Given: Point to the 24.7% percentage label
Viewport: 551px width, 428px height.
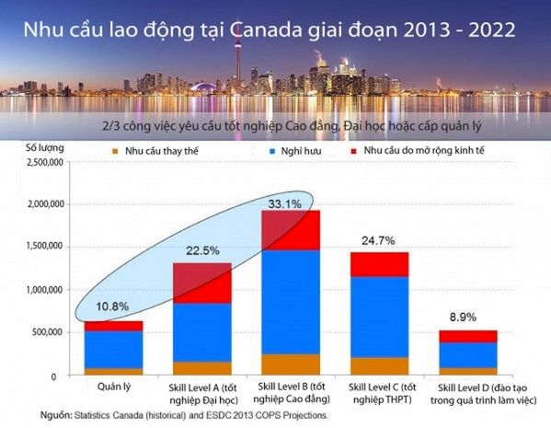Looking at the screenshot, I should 376,240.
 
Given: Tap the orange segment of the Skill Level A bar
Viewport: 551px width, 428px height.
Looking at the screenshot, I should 201,368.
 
